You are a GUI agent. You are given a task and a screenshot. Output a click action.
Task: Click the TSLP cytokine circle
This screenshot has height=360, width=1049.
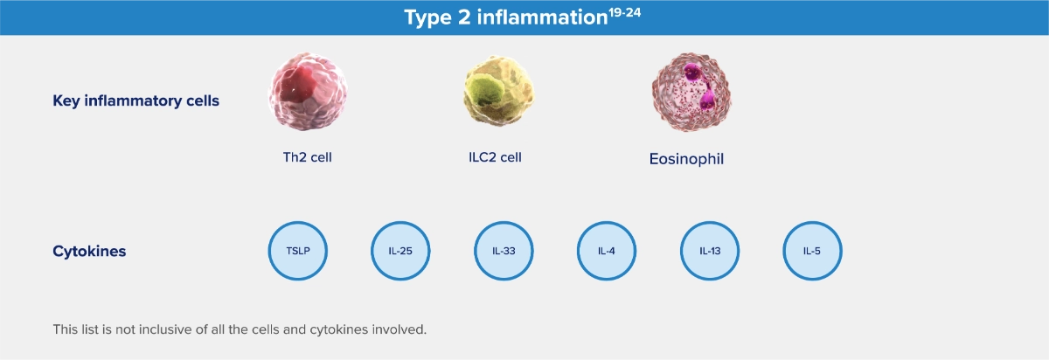click(298, 251)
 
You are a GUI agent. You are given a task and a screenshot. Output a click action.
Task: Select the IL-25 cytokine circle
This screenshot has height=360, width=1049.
click(400, 251)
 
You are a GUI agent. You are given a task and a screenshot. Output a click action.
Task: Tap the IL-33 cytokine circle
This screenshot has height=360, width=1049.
click(504, 251)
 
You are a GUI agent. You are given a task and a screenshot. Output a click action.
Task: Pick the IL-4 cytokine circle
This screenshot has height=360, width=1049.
click(607, 251)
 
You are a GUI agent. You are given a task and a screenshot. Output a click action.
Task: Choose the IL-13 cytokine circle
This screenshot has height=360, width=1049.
click(710, 251)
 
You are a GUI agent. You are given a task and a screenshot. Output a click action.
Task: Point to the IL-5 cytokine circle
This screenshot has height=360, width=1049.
click(812, 251)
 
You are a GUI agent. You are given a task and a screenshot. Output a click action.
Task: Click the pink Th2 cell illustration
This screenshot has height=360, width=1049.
click(308, 91)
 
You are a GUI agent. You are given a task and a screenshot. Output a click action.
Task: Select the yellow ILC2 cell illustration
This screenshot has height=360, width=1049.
click(499, 91)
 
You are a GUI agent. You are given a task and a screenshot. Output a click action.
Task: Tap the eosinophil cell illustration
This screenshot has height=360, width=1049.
click(691, 92)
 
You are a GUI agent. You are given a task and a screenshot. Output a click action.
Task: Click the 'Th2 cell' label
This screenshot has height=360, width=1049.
click(307, 157)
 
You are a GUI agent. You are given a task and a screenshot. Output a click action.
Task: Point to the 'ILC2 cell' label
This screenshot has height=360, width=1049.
click(495, 157)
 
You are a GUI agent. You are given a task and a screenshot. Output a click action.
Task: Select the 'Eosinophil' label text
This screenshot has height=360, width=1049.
click(686, 159)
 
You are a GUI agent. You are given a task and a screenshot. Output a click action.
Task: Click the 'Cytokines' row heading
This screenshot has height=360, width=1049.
click(89, 252)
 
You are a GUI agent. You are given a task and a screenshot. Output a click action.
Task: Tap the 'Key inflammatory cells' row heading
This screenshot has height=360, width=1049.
click(135, 100)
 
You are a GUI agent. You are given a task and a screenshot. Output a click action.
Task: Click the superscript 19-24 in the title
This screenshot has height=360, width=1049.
click(624, 12)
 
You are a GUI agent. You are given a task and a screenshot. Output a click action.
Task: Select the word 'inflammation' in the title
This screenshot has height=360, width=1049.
click(542, 17)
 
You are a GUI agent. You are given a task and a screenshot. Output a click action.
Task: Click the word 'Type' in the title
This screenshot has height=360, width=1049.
click(428, 17)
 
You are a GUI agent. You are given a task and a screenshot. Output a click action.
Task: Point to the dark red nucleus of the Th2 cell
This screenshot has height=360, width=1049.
click(298, 84)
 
